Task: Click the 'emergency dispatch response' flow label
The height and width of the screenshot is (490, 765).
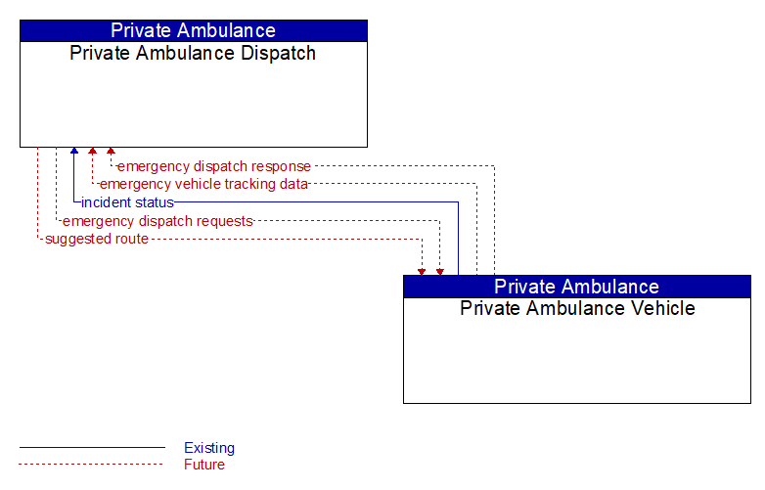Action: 214,166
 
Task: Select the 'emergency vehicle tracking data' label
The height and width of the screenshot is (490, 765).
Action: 203,184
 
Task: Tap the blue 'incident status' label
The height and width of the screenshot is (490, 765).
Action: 127,202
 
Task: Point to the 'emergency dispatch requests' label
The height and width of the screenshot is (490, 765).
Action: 158,221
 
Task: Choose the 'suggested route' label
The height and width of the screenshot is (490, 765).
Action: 97,239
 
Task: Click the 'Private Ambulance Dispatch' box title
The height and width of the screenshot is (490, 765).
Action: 193,53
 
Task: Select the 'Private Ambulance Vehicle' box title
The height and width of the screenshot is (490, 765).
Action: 577,308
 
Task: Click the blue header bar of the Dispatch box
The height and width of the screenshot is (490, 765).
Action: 194,30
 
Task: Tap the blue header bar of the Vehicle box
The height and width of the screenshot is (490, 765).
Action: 577,287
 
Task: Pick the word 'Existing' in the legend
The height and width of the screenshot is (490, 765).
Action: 209,448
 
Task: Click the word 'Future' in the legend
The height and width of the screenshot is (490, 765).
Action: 204,465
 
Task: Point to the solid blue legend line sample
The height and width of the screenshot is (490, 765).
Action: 92,447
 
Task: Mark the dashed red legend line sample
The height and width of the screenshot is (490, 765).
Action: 91,465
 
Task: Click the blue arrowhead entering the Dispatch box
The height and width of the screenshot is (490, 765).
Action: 74,151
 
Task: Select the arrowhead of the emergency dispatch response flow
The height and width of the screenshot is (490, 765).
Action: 112,151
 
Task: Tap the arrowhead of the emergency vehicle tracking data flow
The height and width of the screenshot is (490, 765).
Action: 93,151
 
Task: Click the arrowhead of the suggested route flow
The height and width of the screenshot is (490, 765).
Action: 422,272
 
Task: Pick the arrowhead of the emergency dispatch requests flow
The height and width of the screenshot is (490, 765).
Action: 440,272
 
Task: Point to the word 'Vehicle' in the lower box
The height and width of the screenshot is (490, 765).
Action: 662,308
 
